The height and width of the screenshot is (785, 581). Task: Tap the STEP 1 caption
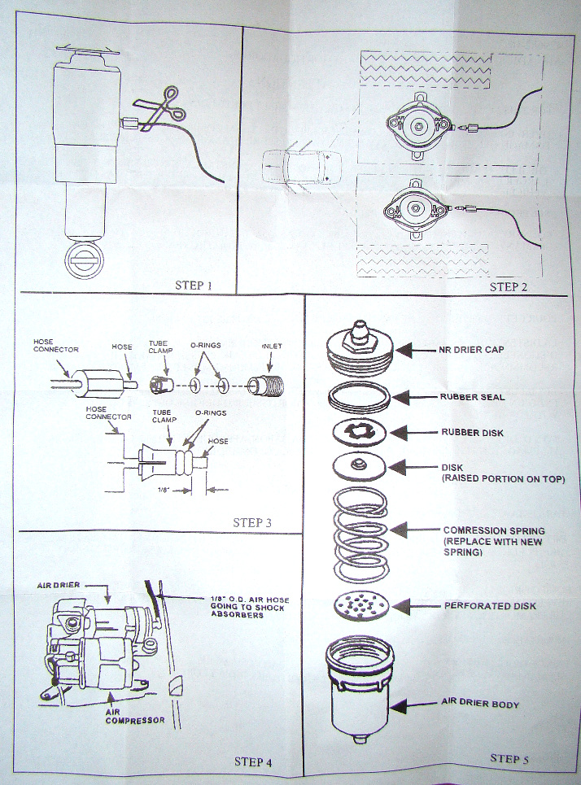(x=194, y=286)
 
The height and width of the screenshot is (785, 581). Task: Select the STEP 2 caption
(x=508, y=286)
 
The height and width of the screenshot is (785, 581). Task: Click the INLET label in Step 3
(x=272, y=346)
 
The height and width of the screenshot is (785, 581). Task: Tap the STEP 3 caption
(x=252, y=523)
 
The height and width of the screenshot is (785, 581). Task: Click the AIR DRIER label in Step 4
(x=59, y=585)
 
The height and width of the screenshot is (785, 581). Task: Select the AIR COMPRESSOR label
(x=135, y=716)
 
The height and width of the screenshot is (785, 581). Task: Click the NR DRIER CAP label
(x=471, y=350)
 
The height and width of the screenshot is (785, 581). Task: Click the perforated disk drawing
(x=361, y=604)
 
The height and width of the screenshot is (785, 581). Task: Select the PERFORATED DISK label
(x=490, y=606)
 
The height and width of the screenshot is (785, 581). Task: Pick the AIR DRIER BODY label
(x=480, y=703)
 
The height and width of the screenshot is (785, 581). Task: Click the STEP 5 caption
(x=509, y=758)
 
